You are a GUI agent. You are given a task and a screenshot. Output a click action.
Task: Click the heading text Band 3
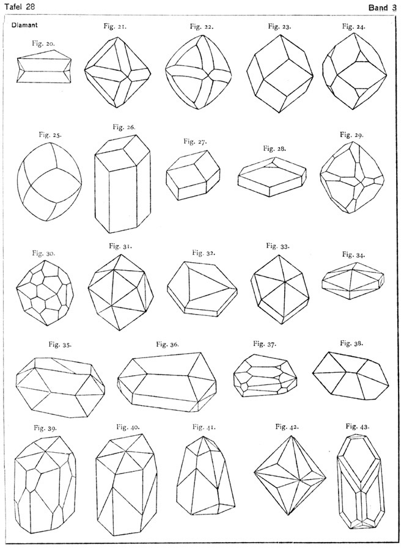[382, 7]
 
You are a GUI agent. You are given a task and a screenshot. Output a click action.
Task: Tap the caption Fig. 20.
[44, 43]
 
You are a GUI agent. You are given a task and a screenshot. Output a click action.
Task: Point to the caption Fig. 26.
[124, 127]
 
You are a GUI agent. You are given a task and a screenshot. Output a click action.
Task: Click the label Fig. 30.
[44, 252]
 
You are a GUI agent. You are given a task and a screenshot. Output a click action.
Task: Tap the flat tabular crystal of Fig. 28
[272, 175]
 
